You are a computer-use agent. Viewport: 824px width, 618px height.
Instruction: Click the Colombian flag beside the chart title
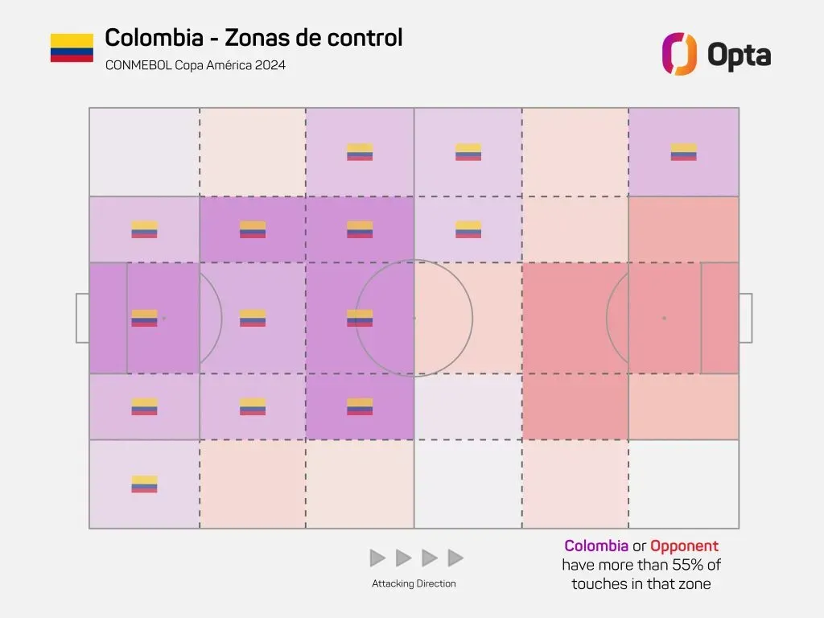[72, 47]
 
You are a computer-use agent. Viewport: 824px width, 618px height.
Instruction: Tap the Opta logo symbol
[678, 54]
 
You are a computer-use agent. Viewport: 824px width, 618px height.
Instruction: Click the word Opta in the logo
[739, 55]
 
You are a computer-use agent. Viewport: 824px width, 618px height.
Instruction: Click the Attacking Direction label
[414, 583]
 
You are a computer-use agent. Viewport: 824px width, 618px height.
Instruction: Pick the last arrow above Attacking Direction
[455, 558]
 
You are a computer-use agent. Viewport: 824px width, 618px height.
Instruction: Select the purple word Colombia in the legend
[596, 546]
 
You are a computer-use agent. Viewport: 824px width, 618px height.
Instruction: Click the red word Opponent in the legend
[684, 546]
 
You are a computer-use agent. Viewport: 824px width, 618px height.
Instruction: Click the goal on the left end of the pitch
[82, 318]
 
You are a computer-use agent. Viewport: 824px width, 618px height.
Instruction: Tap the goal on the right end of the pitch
[745, 318]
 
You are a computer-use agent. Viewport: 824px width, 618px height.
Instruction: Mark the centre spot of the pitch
[414, 318]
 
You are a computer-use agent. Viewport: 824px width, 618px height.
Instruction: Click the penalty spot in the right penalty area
[664, 318]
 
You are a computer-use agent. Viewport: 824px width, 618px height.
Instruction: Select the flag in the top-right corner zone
[684, 152]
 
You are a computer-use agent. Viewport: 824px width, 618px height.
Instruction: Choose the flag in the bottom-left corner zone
[144, 484]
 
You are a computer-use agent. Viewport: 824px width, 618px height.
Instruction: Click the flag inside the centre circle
[360, 318]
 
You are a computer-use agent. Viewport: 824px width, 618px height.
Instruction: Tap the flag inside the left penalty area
[144, 318]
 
